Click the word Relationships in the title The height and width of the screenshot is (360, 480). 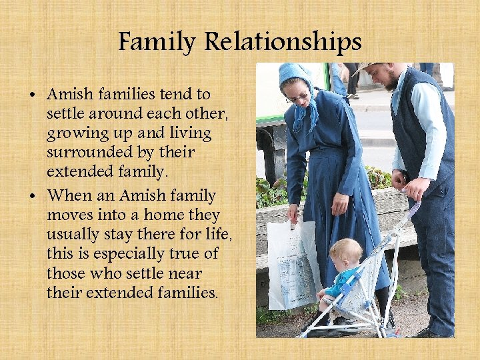[283, 43]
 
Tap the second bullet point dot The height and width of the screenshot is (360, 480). [33, 197]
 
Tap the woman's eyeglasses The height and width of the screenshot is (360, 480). [298, 97]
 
